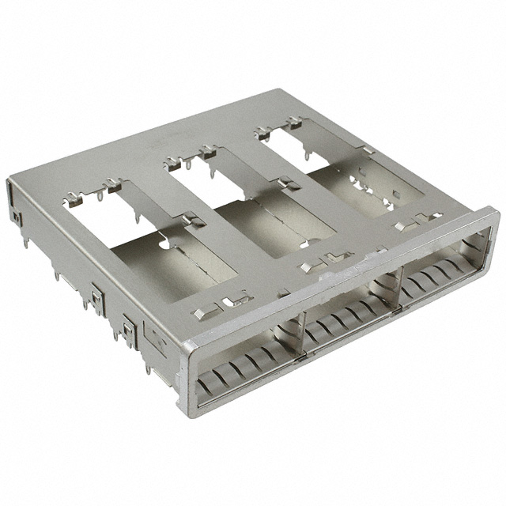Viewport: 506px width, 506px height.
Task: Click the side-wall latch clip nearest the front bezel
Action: click(129, 328)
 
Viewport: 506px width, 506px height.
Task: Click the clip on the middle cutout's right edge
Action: click(286, 184)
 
